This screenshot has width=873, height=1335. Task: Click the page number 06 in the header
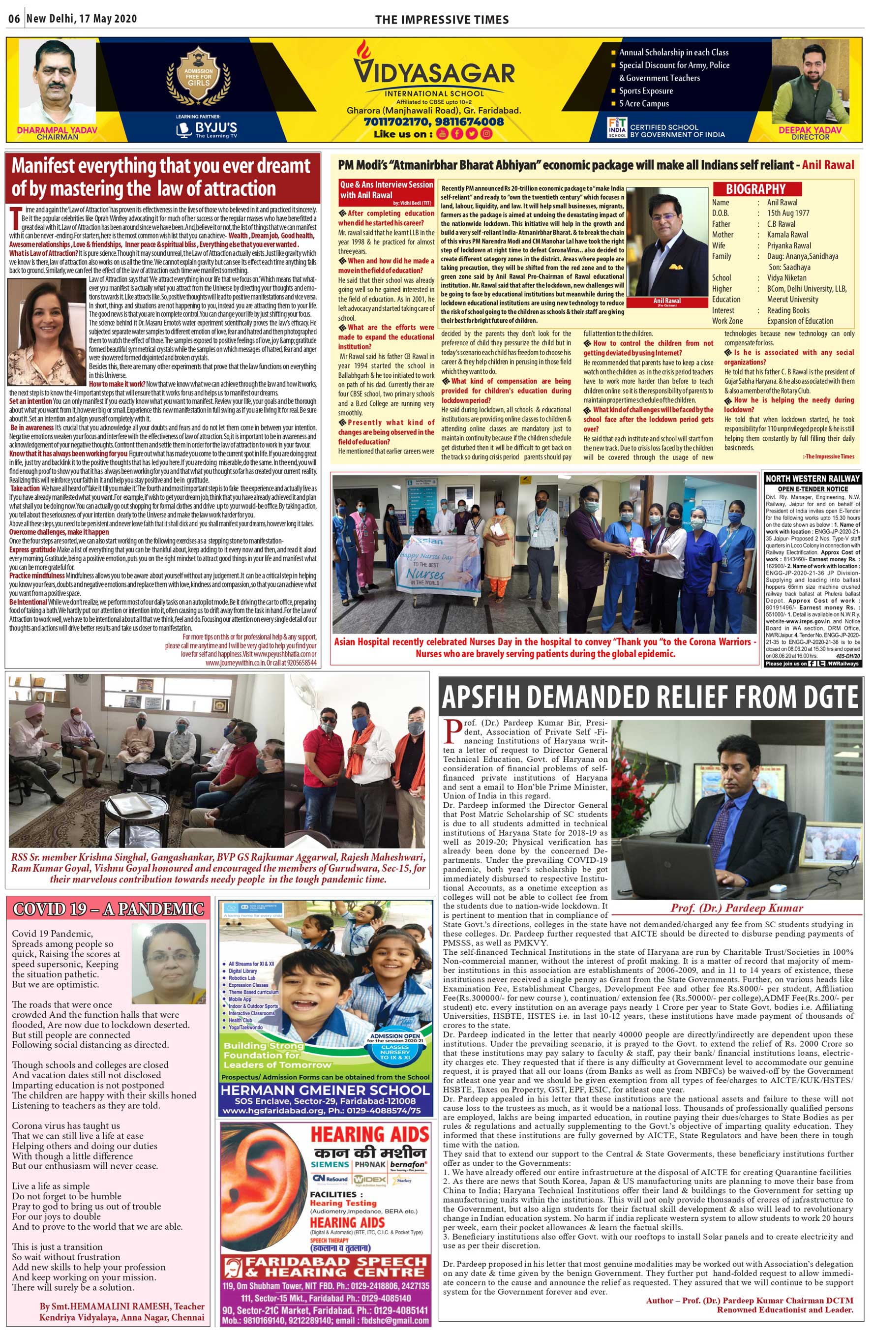14,19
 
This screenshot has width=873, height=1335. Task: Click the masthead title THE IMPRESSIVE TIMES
442,20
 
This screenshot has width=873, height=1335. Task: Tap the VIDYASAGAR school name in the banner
433,72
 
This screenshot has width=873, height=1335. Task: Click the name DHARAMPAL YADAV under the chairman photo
57,129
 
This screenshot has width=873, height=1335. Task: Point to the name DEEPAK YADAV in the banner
810,129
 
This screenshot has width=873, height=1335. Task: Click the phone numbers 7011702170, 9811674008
433,121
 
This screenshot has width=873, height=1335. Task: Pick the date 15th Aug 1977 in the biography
788,212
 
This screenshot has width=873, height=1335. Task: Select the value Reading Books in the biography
788,310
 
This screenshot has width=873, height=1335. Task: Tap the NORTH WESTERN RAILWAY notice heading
812,479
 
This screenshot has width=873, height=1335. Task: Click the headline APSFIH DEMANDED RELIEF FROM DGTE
650,697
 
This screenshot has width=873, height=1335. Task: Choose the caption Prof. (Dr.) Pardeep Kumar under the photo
737,908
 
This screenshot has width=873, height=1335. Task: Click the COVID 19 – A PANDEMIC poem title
108,909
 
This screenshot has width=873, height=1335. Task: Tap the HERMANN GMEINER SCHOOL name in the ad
325,1090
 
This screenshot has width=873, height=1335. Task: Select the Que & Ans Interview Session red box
386,189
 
